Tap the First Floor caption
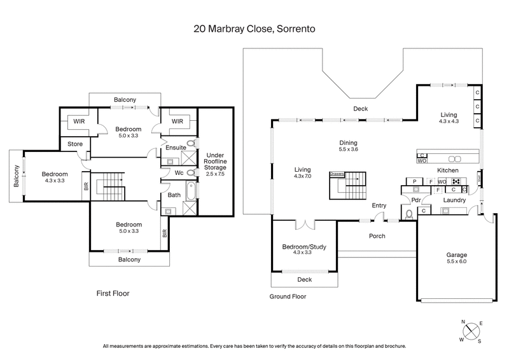tap(113, 293)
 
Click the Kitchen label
tap(447, 170)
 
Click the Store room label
tap(74, 144)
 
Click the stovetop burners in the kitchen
tap(456, 181)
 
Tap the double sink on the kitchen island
tap(454, 158)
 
